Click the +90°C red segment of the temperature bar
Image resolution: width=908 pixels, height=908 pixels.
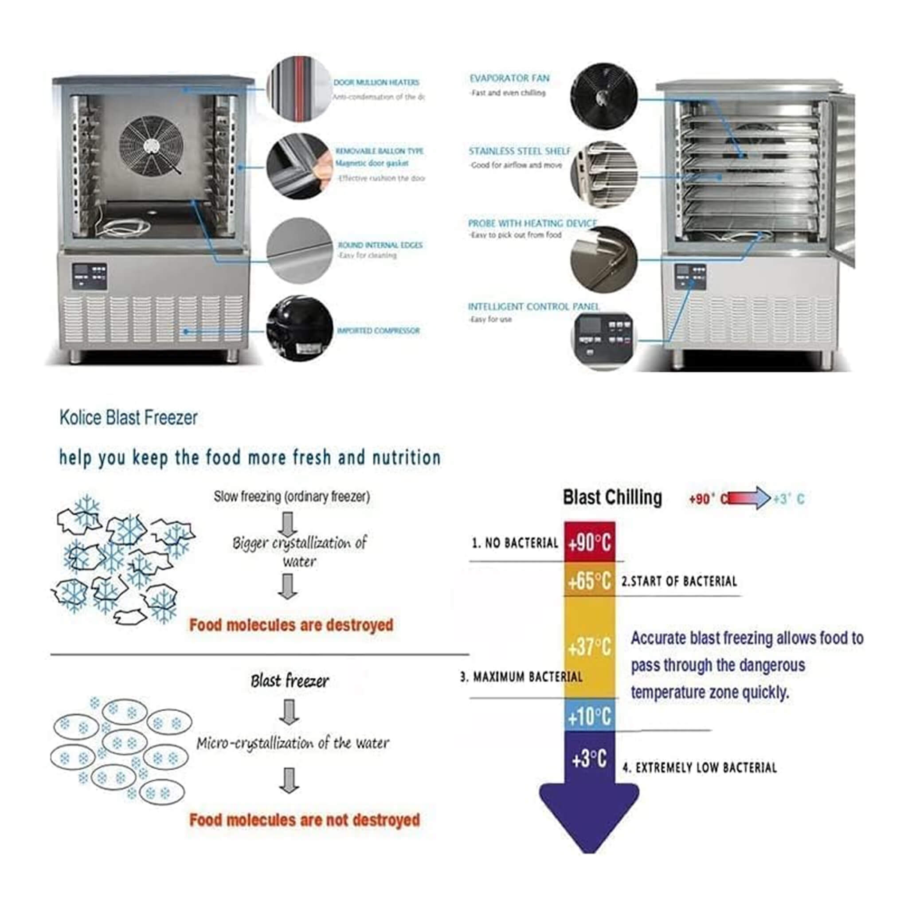[x=589, y=542]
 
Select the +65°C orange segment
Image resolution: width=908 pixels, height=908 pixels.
[x=589, y=581]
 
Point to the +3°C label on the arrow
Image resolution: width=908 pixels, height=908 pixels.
[x=589, y=759]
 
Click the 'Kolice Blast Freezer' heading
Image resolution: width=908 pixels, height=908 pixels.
[x=128, y=418]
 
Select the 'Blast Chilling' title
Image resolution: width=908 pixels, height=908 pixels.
[x=612, y=497]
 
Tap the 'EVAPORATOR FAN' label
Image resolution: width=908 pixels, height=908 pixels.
[x=509, y=78]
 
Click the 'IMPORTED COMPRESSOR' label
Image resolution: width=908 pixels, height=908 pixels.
[x=378, y=331]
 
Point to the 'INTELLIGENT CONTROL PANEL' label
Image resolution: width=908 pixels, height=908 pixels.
[x=533, y=307]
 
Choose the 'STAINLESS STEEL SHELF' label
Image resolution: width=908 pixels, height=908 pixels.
[x=519, y=151]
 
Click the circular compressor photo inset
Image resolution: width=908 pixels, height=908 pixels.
[x=299, y=329]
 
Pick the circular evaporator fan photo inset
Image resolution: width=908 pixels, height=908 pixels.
[x=604, y=96]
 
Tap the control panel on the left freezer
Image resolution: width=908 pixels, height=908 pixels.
[x=89, y=276]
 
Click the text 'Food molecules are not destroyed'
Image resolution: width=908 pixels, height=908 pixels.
[x=305, y=820]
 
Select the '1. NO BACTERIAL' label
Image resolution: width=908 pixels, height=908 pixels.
[x=515, y=543]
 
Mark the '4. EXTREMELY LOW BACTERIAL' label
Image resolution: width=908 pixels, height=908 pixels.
[x=700, y=768]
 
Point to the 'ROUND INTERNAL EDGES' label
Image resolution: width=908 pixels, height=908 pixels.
[x=380, y=245]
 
